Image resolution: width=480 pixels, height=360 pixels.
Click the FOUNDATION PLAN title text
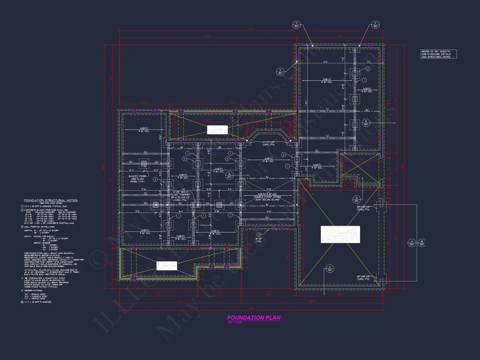click(x=254, y=318)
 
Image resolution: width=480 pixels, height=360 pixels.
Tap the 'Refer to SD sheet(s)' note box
click(x=439, y=54)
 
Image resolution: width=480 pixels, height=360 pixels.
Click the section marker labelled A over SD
click(x=411, y=243)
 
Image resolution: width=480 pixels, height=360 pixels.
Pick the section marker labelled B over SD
click(x=422, y=243)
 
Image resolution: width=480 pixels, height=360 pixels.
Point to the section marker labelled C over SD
click(x=330, y=268)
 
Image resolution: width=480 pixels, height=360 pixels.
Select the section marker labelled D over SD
click(x=357, y=199)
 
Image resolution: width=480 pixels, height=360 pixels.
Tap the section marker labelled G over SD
click(x=228, y=176)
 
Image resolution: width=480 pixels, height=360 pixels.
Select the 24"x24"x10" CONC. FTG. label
click(x=274, y=144)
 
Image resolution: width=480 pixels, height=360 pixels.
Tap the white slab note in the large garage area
click(x=340, y=234)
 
